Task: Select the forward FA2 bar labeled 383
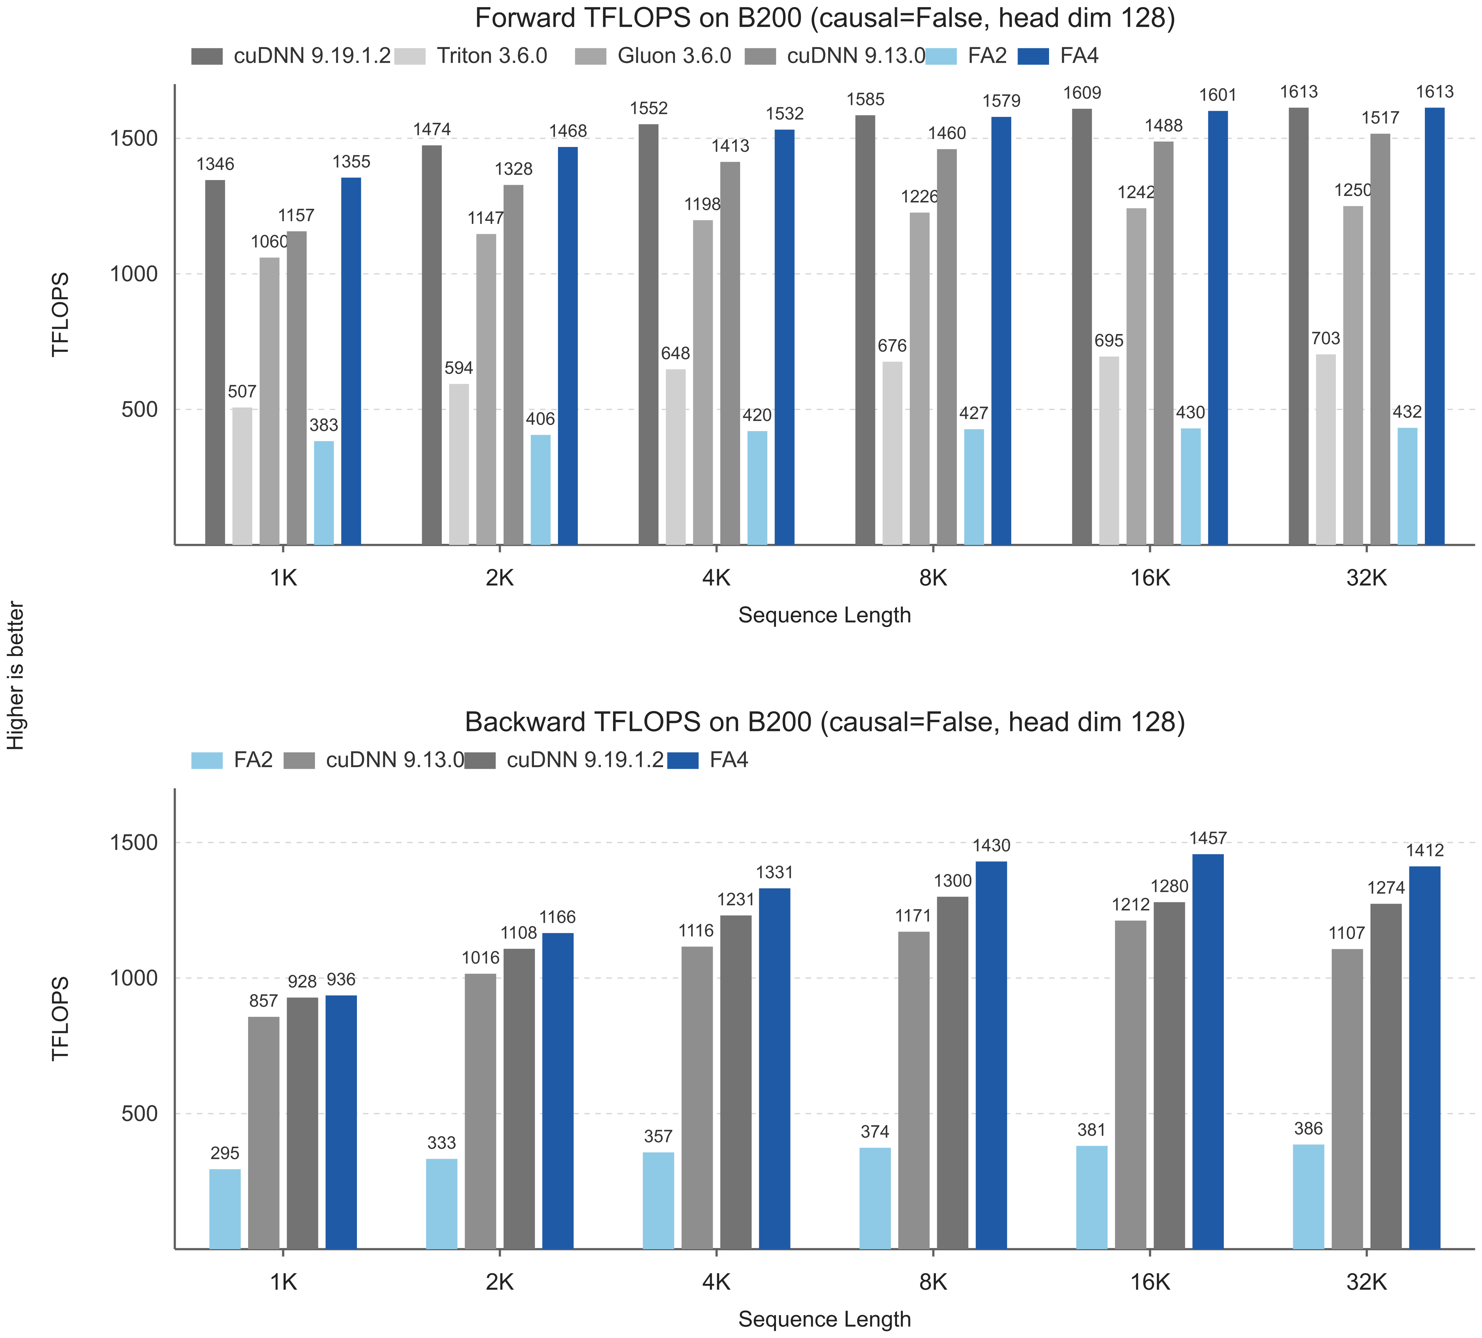[x=323, y=493]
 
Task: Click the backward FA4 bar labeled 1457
[x=1208, y=1052]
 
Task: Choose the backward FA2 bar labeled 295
[x=225, y=1209]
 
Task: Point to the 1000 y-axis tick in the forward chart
[x=134, y=274]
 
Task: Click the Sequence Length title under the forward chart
[x=825, y=615]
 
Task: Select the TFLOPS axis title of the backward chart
[x=60, y=1018]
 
